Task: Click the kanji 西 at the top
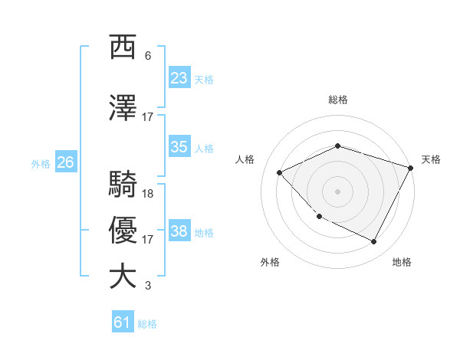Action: point(123,47)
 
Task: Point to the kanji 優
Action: point(123,231)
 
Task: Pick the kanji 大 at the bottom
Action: point(123,277)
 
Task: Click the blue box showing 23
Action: point(179,78)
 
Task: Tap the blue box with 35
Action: point(179,147)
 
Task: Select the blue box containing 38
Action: point(179,231)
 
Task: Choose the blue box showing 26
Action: point(65,162)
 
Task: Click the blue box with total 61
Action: point(123,322)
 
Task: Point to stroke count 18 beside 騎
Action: point(148,193)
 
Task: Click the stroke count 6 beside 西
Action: point(148,56)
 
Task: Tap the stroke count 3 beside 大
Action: point(148,286)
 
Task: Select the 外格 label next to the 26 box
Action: point(41,163)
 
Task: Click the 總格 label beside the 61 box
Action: point(147,324)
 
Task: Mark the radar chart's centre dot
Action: point(337,191)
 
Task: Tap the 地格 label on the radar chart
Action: point(402,262)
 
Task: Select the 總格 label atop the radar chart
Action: point(337,100)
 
